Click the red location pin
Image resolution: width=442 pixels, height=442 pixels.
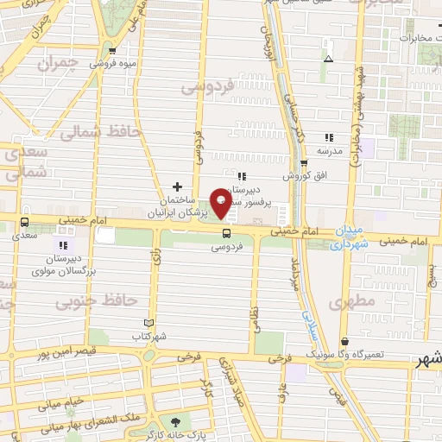(221, 204)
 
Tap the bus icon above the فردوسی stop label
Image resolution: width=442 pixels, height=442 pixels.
(227, 233)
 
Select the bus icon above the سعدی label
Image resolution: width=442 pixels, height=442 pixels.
(24, 222)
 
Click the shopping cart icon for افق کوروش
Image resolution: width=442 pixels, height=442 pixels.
(303, 163)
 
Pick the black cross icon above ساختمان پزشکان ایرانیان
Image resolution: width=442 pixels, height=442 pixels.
(178, 186)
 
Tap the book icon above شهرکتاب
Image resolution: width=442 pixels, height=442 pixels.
(148, 322)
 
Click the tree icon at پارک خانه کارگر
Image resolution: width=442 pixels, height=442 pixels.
(176, 423)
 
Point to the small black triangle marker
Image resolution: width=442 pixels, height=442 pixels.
(328, 59)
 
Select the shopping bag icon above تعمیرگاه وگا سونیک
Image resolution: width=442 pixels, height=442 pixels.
(344, 342)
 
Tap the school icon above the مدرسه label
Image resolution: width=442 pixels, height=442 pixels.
(328, 137)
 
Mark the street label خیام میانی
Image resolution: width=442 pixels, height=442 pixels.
(60, 401)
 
